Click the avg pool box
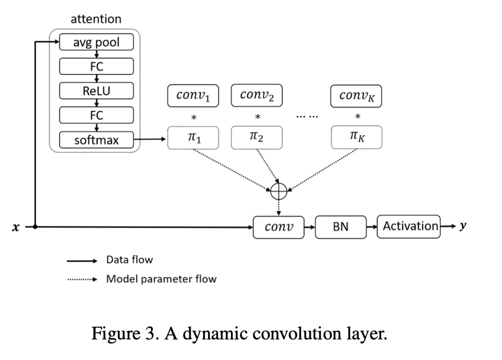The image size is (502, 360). coord(96,43)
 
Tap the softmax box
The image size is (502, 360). coord(96,140)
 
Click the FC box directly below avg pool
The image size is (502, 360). coord(96,67)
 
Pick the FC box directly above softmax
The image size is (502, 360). coord(96,115)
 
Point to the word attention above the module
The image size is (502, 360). coord(96,19)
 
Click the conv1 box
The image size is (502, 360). coord(193,96)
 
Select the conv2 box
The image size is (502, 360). coord(256,96)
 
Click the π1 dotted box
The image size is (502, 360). coord(193,137)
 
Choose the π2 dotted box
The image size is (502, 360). coord(256,137)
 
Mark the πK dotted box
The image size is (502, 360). coord(356,137)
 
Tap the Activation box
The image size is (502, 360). coord(409,226)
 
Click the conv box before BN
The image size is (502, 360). coord(278,227)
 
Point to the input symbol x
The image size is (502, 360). coord(15,227)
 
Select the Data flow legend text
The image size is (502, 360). coord(129,260)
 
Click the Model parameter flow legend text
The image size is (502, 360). coord(161,279)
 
